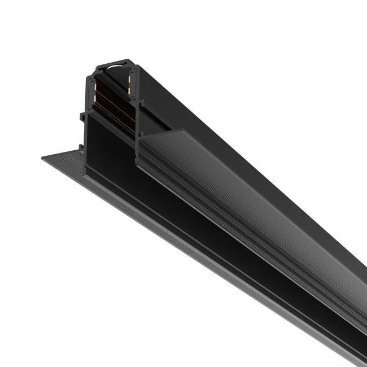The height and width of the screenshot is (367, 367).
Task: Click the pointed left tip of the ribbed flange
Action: coord(44,158)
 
